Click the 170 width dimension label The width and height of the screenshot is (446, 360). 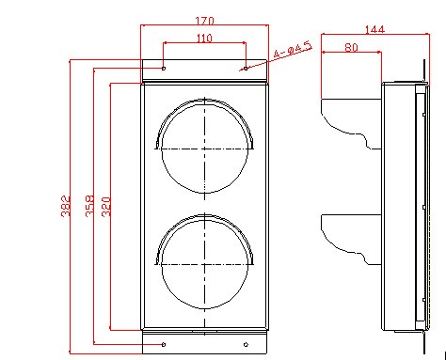(x=204, y=21)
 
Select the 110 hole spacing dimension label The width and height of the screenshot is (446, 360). (x=204, y=39)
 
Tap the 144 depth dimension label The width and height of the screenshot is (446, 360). (x=374, y=29)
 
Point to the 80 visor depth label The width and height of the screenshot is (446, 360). (x=351, y=47)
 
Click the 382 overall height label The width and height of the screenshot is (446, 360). (x=65, y=206)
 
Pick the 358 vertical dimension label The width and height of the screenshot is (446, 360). (x=89, y=206)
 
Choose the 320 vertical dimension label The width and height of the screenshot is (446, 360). (x=106, y=207)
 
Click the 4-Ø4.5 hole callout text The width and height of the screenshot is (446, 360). (x=293, y=50)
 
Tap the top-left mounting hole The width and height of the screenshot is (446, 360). (x=164, y=69)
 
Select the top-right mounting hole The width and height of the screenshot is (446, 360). (x=246, y=69)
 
